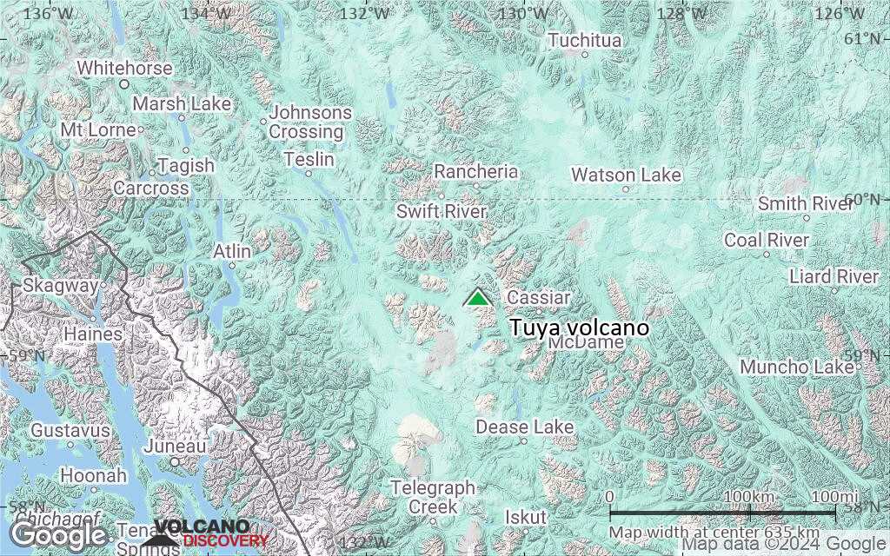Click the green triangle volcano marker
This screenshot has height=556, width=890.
[477, 298]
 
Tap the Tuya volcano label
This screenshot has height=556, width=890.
[579, 328]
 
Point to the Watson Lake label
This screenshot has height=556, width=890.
[626, 175]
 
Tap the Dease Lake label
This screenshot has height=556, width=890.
[524, 427]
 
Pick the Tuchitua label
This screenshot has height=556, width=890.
[585, 41]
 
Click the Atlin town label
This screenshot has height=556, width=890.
[232, 251]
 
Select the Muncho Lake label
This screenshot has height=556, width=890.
[797, 367]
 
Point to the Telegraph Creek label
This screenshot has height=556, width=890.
[433, 497]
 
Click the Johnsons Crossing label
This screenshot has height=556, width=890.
[310, 122]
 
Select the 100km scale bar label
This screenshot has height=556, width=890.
[749, 496]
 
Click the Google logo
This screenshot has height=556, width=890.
[58, 533]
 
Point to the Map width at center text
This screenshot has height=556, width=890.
[714, 532]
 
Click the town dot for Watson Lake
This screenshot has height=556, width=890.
[625, 189]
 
